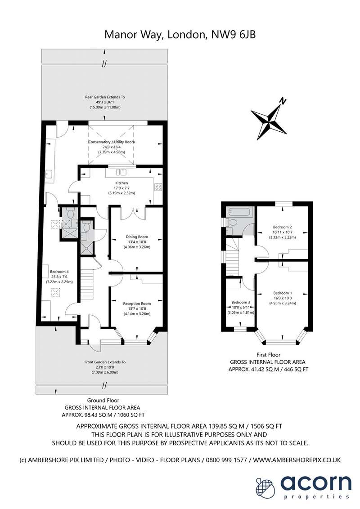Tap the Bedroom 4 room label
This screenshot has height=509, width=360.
[59, 272]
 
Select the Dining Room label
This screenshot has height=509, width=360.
[137, 237]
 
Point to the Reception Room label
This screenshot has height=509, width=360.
[137, 304]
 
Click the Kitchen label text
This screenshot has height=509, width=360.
[121, 183]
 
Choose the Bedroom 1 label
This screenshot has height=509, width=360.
[282, 293]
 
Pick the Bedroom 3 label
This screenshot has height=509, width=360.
[241, 302]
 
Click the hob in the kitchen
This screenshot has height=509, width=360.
[158, 187]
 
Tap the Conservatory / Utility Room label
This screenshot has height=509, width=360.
[112, 142]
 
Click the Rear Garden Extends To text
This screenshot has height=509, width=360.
[105, 97]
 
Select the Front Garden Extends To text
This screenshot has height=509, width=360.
[105, 362]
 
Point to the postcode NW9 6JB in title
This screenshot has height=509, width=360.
[233, 35]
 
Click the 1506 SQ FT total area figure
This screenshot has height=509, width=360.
[268, 426]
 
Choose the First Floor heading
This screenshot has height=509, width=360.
[268, 355]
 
